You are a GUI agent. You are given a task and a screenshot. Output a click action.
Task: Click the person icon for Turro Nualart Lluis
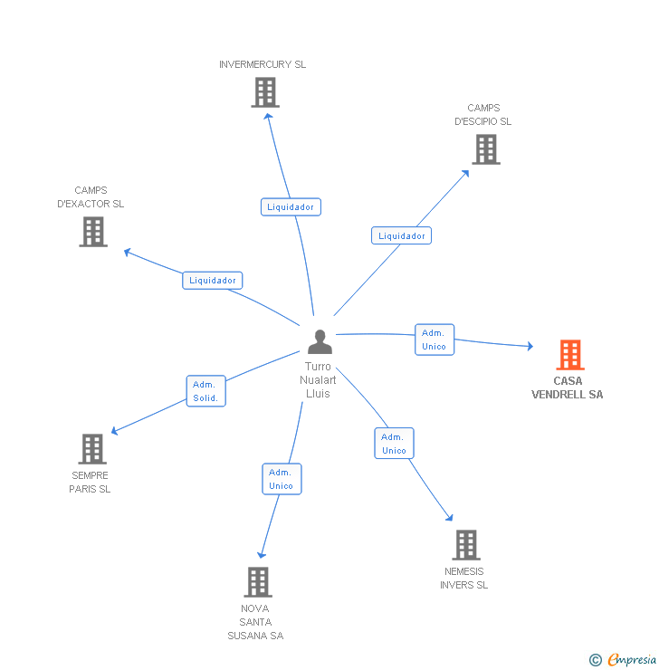[x=320, y=342]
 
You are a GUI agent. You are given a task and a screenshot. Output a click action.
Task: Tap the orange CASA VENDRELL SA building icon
[x=569, y=355]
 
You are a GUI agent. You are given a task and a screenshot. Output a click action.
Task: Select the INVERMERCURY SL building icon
[x=264, y=92]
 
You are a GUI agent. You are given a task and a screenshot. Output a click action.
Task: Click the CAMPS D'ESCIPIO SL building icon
[x=486, y=149]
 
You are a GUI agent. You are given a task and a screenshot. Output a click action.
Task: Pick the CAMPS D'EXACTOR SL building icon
[x=92, y=232]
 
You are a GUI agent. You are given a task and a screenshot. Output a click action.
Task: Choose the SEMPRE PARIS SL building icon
[x=91, y=448]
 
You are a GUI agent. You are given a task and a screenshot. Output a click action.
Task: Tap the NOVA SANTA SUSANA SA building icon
[x=258, y=581]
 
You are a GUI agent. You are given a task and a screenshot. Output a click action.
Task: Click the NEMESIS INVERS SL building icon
[x=465, y=545]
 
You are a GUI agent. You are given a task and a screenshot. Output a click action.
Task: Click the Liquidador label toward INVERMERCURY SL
[x=291, y=207]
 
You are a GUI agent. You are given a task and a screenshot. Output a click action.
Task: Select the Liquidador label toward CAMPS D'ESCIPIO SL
[x=401, y=236]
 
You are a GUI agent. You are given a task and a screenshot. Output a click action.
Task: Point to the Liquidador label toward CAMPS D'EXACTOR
[x=213, y=281]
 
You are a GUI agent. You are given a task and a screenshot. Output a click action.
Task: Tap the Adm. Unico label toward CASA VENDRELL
[x=434, y=340]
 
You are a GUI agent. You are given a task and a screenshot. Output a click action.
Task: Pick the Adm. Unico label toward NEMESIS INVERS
[x=394, y=444]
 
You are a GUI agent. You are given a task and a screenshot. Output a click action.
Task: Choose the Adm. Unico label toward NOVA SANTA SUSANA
[x=282, y=479]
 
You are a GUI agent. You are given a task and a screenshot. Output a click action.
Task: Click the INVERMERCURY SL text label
[x=263, y=64]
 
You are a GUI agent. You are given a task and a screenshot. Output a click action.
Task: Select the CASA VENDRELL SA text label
[x=568, y=388]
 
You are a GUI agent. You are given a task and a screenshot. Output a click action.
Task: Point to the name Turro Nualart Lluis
[x=319, y=380]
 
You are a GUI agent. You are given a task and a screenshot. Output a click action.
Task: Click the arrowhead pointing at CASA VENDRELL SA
[x=530, y=346]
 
